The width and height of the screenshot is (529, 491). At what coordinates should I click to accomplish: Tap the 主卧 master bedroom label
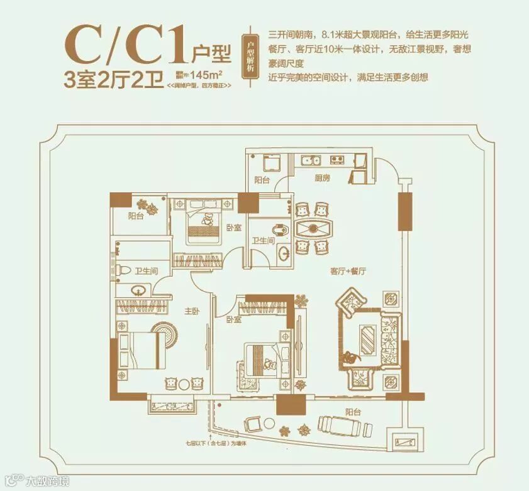[x=192, y=310]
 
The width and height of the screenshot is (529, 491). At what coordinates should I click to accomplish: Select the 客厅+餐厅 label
[x=348, y=272]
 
